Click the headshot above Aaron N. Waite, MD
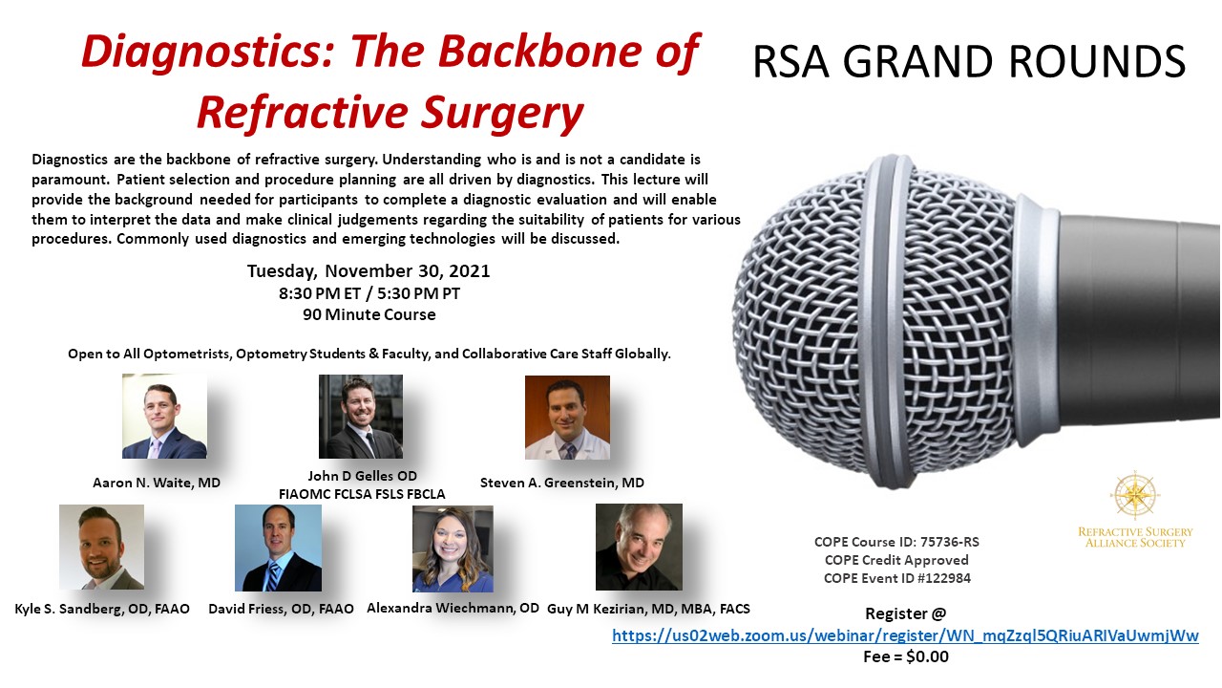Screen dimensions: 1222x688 [164, 416]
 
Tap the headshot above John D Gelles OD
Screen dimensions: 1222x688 [361, 416]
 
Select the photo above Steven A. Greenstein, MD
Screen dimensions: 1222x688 [567, 418]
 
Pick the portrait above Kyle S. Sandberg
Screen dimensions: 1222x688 [101, 547]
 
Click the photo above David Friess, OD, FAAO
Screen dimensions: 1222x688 [278, 548]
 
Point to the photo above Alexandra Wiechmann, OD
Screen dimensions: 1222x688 [453, 548]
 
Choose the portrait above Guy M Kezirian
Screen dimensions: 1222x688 [639, 547]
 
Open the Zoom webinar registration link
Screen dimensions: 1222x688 [905, 635]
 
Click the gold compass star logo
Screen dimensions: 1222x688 [1135, 495]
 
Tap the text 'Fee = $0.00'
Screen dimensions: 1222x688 [906, 656]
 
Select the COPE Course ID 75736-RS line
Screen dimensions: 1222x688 [896, 542]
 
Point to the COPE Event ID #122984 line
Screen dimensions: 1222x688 [897, 578]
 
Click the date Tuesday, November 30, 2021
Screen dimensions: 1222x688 [369, 270]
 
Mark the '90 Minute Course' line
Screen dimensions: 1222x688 [369, 314]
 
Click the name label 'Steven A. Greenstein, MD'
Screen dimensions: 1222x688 [562, 483]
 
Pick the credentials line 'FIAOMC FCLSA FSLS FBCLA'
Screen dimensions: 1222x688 [362, 494]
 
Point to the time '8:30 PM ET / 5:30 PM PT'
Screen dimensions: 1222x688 [369, 293]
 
